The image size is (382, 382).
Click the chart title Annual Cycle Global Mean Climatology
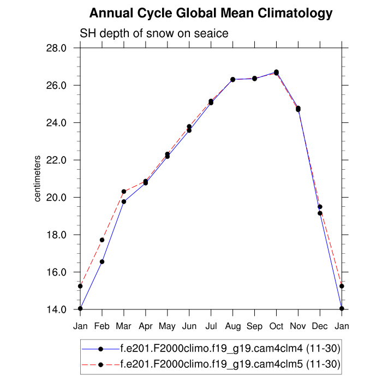[211, 13]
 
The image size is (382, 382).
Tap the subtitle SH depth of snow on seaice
[154, 33]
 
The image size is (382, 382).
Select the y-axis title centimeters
[38, 179]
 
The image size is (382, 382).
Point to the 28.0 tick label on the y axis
[56, 48]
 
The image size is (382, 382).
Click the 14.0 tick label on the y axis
[56, 309]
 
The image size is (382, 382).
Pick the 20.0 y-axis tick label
[56, 198]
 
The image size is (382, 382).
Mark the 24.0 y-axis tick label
[56, 123]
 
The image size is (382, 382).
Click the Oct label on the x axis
[277, 326]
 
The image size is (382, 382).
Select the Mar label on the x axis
[124, 326]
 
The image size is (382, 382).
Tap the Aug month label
[233, 326]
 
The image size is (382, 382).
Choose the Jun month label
[189, 326]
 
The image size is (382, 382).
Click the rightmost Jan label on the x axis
[342, 326]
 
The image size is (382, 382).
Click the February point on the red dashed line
[102, 240]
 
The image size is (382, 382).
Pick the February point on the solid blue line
[102, 262]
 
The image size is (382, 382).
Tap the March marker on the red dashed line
[124, 192]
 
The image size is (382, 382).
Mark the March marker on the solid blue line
[124, 201]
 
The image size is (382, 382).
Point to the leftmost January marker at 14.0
[80, 308]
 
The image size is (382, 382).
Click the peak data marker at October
[277, 72]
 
